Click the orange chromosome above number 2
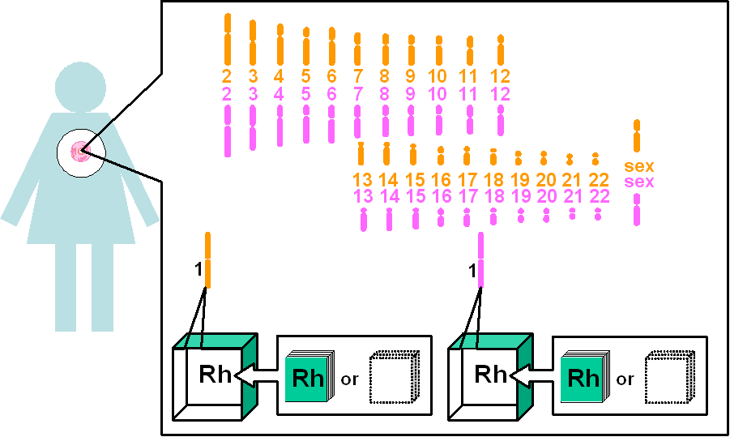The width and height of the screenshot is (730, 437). (x=228, y=39)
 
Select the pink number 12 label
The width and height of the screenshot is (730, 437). (x=501, y=94)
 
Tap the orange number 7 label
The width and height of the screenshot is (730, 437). (x=358, y=76)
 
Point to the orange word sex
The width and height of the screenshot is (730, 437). (x=638, y=166)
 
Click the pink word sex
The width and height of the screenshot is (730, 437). (x=638, y=182)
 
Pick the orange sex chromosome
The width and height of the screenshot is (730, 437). (x=637, y=135)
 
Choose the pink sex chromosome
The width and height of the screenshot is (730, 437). (x=637, y=210)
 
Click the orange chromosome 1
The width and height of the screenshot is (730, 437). (x=207, y=260)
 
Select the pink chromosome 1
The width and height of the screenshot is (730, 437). (x=481, y=260)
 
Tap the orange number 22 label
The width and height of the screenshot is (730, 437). (x=599, y=180)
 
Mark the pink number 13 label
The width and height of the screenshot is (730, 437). (x=363, y=196)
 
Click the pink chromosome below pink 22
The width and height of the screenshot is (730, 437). (x=598, y=214)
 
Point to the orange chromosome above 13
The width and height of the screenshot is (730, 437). (x=361, y=153)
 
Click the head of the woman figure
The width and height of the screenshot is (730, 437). (x=80, y=87)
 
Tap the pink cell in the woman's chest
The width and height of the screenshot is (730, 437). (x=80, y=152)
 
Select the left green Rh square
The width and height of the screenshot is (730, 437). (x=307, y=377)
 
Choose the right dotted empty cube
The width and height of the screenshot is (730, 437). (x=669, y=377)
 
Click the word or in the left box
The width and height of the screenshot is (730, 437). (x=349, y=379)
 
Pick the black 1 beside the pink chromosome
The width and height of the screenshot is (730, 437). (x=472, y=271)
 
